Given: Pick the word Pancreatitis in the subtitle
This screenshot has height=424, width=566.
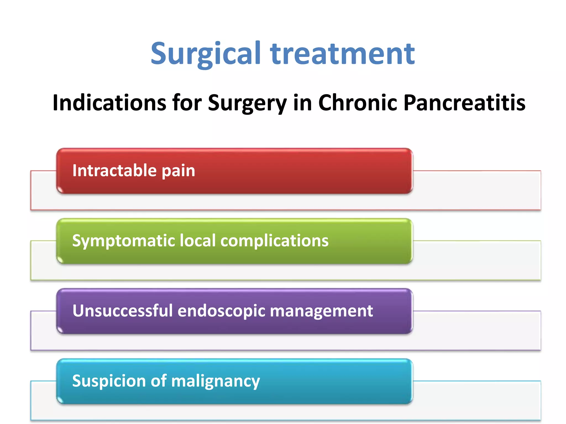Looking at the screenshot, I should tap(464, 103).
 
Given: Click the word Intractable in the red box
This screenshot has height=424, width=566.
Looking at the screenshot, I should tap(114, 170).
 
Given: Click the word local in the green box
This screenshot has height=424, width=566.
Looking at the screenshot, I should tap(198, 240).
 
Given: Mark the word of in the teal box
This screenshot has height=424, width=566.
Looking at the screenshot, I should tap(159, 381).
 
